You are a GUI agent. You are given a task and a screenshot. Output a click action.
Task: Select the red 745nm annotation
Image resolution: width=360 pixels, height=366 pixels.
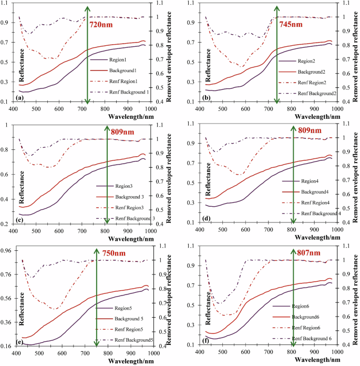(x=291, y=25)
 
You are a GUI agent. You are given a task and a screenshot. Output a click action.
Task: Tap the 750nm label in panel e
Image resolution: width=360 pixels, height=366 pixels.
(x=114, y=253)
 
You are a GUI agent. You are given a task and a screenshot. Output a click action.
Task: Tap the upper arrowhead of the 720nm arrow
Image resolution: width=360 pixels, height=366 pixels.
(x=88, y=7)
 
